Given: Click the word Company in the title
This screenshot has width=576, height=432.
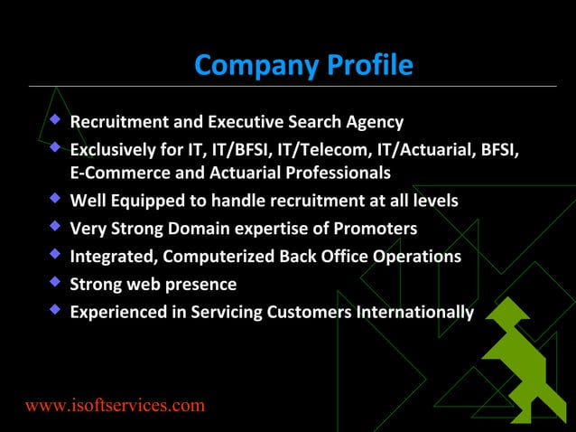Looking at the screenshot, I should tap(246, 65).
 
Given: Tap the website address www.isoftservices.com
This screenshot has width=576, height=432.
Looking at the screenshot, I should tap(115, 405).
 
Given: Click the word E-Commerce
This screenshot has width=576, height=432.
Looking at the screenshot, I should tap(117, 172).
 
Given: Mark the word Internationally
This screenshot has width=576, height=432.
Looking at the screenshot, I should tap(414, 313).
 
